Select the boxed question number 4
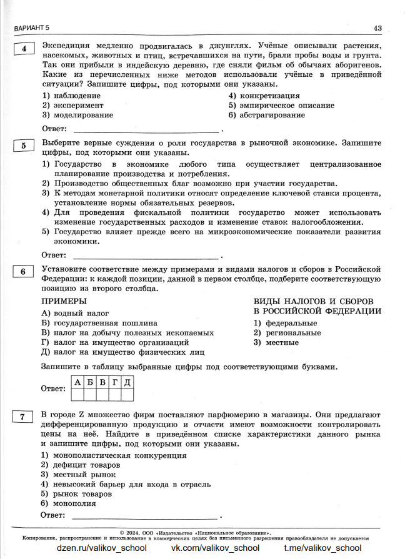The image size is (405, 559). [x=24, y=49]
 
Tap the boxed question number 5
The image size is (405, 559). [x=24, y=146]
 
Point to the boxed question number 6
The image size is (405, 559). [x=24, y=272]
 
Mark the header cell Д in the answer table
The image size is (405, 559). [x=127, y=382]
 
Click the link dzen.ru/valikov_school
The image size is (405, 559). [x=101, y=548]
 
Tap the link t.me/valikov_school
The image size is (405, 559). [x=322, y=548]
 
